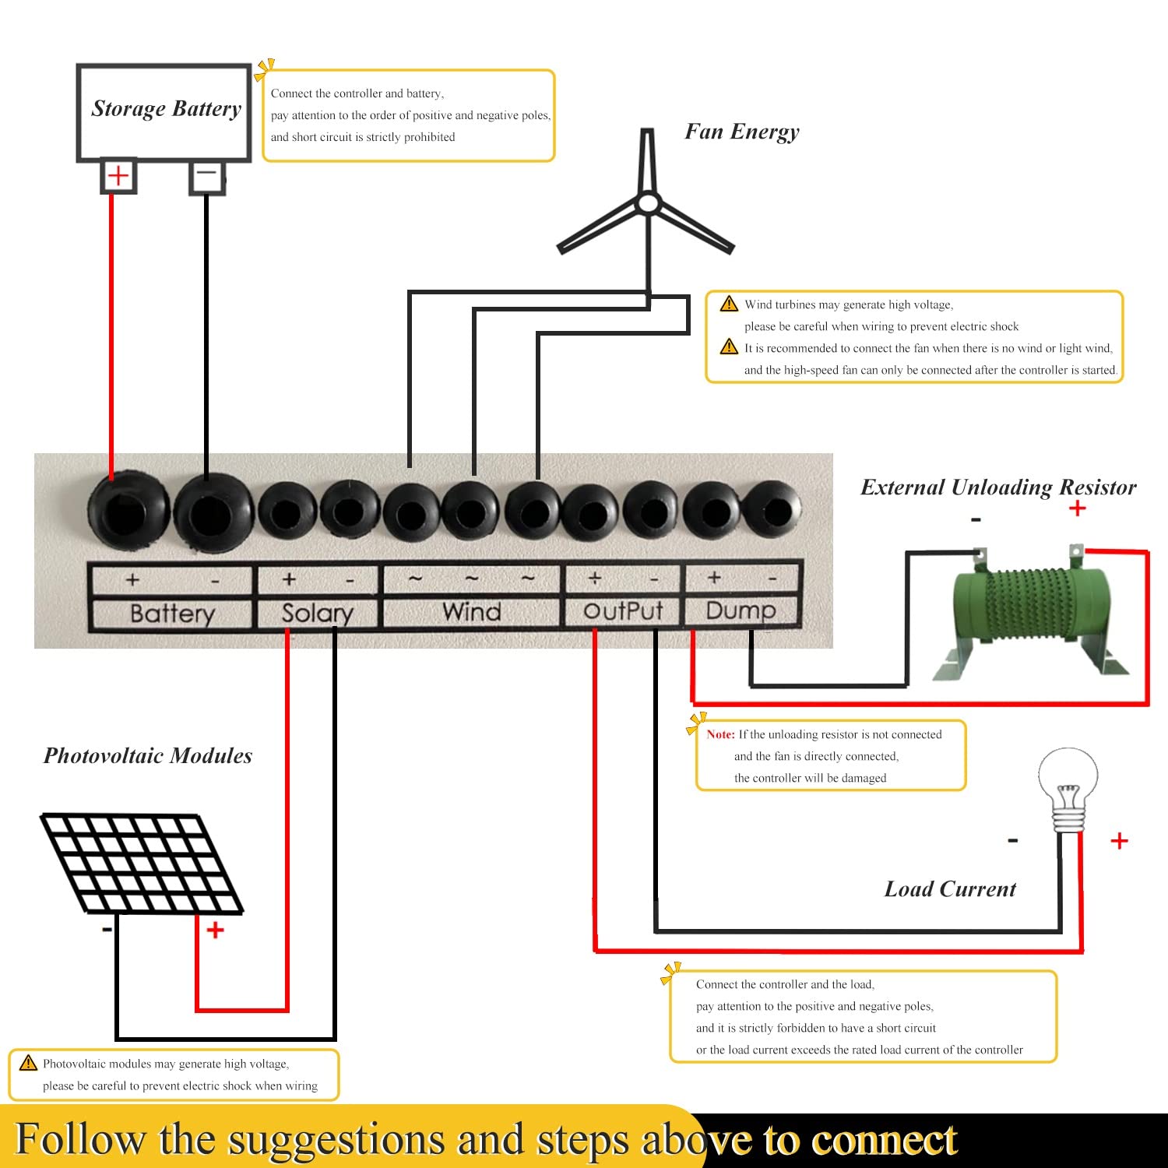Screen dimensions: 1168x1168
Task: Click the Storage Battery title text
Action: [167, 109]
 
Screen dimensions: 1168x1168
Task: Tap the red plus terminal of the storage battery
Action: [118, 176]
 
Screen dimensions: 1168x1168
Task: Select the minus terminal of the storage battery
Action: [207, 176]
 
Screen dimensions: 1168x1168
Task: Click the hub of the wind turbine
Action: [648, 204]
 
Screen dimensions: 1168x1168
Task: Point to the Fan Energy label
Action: [742, 132]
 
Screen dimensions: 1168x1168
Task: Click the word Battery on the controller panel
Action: [172, 614]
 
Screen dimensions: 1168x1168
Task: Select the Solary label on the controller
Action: [317, 614]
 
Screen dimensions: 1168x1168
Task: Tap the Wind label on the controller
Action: [472, 611]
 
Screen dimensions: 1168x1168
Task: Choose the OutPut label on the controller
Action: [623, 610]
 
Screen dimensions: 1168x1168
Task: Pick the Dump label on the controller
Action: [741, 610]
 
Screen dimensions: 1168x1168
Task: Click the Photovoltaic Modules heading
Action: [148, 755]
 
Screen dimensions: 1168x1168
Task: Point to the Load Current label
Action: [950, 889]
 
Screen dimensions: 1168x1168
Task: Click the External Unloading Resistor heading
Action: [998, 487]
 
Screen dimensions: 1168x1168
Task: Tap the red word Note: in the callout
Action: [721, 734]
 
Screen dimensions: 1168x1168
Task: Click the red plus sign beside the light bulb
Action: [1119, 841]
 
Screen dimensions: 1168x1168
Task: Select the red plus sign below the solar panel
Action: [215, 930]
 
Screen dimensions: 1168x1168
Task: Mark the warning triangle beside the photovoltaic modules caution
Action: [29, 1063]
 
